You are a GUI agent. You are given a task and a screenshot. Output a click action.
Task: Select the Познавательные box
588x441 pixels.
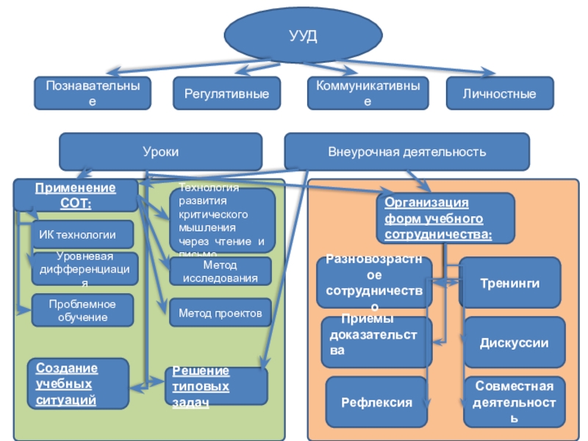tap(92, 93)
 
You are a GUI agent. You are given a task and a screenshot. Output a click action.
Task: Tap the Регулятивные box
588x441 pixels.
tap(226, 93)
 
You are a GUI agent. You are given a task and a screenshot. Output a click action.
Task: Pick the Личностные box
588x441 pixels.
tap(500, 93)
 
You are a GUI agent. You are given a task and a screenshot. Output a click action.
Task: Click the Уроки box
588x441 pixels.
tap(160, 151)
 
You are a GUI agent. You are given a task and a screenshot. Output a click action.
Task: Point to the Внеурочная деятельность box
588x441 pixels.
tap(406, 151)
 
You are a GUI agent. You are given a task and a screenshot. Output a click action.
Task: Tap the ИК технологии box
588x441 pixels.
tap(82, 235)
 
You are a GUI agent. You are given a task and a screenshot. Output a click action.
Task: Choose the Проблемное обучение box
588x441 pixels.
tap(82, 309)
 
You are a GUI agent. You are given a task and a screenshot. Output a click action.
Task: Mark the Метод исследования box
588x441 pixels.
tap(220, 271)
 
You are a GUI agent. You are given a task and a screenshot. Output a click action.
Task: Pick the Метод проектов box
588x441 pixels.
tap(220, 313)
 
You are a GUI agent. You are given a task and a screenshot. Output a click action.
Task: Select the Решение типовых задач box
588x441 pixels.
tap(218, 385)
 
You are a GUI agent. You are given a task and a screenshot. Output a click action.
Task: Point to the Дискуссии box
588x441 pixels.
tap(514, 343)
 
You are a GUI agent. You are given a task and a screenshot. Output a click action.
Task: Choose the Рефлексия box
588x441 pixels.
tap(376, 402)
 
